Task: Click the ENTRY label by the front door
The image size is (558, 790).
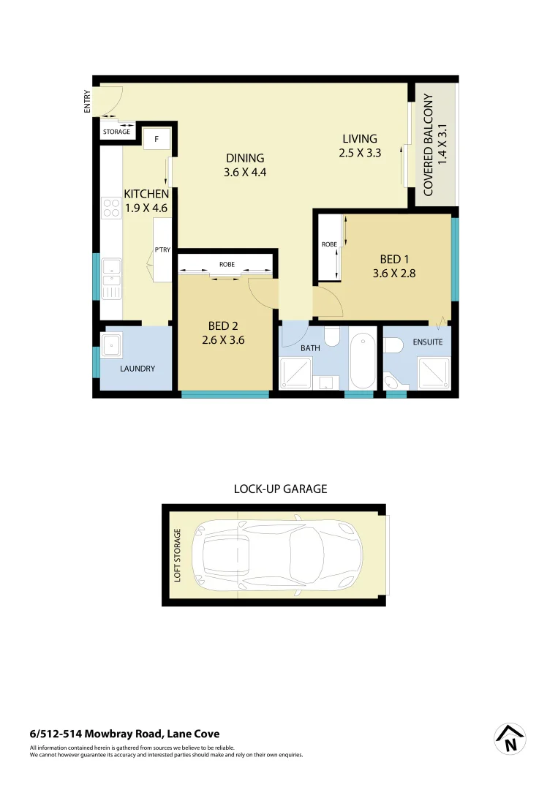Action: click(x=88, y=101)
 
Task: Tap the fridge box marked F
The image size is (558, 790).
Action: click(x=157, y=138)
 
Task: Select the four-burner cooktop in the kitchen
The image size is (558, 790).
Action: click(x=111, y=208)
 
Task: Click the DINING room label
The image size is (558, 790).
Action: click(x=245, y=158)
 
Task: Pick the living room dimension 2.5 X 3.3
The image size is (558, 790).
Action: click(x=360, y=153)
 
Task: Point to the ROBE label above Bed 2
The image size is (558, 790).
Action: click(x=226, y=264)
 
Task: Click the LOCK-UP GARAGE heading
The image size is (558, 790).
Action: click(x=279, y=489)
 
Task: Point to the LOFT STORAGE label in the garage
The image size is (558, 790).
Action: click(x=176, y=555)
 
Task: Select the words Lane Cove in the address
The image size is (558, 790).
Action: click(x=193, y=734)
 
